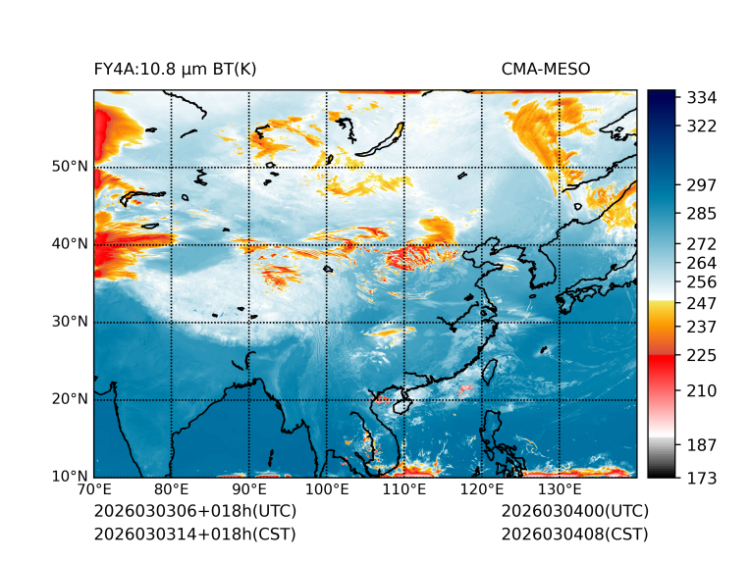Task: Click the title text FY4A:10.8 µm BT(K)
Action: click(x=175, y=69)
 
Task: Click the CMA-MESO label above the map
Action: click(x=546, y=69)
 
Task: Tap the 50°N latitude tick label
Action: click(x=69, y=166)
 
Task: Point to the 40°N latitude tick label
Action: click(x=69, y=243)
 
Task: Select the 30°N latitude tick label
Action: click(x=69, y=321)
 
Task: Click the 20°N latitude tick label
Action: click(x=69, y=399)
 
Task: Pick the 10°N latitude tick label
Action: click(x=69, y=477)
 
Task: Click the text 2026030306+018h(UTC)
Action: click(x=194, y=511)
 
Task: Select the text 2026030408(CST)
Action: click(x=574, y=534)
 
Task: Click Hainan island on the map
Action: click(x=401, y=405)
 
